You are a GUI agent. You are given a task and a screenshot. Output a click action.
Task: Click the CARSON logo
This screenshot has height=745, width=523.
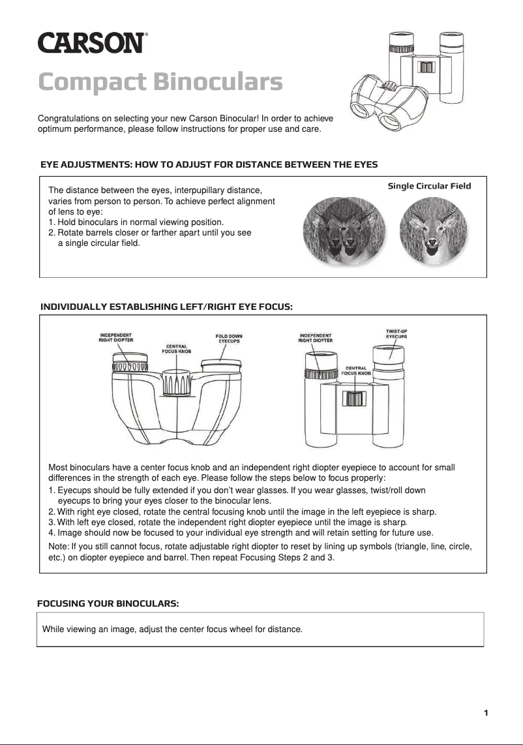[x=91, y=44]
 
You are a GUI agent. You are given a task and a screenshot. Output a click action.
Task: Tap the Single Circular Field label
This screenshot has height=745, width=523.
[x=429, y=186]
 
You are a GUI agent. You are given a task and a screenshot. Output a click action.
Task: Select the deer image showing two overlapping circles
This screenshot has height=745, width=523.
[x=344, y=232]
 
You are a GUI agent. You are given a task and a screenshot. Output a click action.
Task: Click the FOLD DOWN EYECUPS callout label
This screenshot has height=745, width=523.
[x=229, y=339]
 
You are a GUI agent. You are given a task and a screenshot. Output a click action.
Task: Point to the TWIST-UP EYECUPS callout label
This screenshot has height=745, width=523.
[x=396, y=334]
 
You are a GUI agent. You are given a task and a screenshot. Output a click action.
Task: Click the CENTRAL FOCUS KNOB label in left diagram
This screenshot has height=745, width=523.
[x=176, y=348]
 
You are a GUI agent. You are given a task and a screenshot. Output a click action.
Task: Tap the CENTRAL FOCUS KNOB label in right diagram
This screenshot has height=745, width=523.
[x=357, y=371]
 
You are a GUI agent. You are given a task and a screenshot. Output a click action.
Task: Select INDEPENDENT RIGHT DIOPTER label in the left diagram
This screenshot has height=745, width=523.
[x=116, y=337]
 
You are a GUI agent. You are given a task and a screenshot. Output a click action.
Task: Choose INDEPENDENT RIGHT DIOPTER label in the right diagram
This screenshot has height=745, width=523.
[x=316, y=338]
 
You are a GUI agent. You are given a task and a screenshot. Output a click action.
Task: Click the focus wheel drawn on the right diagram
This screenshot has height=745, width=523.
[x=354, y=399]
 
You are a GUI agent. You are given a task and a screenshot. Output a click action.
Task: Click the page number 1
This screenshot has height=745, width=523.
[x=486, y=712]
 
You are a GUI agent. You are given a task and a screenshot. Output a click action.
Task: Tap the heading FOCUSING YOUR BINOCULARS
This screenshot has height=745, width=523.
[x=108, y=603]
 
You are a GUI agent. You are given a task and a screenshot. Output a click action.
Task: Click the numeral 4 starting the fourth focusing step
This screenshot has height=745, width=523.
[x=52, y=532]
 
